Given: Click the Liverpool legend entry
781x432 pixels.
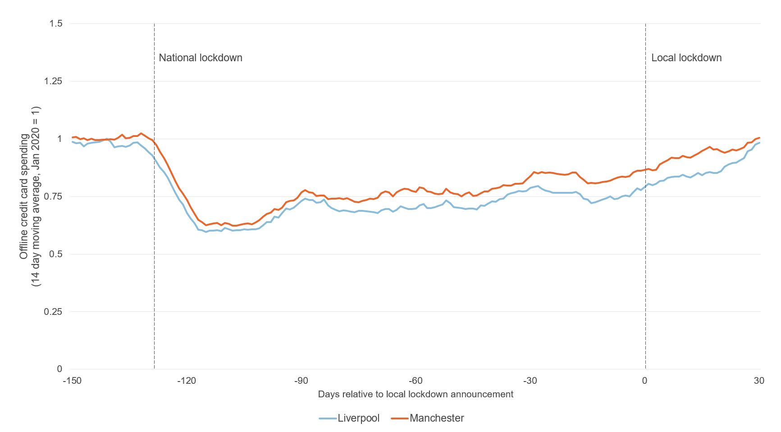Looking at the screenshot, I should [350, 418].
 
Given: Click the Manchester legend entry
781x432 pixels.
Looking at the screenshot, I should [428, 418].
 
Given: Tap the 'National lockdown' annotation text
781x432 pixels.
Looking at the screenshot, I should [201, 58].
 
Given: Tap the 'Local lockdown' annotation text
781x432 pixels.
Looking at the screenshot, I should [686, 58].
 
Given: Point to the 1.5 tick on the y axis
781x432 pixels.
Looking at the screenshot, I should [55, 23].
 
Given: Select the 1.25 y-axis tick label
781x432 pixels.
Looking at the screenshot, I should [53, 81].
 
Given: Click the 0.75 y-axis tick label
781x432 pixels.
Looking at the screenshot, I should [53, 196].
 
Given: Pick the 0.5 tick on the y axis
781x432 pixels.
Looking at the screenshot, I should [55, 254].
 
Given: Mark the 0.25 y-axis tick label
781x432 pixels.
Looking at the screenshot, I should [53, 312].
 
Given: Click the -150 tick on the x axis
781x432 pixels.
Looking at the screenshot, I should [72, 381].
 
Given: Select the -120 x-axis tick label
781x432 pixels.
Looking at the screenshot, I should [186, 381].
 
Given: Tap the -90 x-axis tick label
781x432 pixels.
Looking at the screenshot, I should [301, 381].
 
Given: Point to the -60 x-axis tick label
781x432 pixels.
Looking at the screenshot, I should [416, 381].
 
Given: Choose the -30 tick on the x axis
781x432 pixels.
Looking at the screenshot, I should [530, 381].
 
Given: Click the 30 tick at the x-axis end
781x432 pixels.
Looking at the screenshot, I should [759, 381].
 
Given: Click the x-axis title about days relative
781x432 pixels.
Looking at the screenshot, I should [416, 394].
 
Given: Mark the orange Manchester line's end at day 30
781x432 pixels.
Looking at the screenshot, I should [760, 138].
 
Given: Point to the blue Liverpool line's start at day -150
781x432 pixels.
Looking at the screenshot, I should [73, 142].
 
